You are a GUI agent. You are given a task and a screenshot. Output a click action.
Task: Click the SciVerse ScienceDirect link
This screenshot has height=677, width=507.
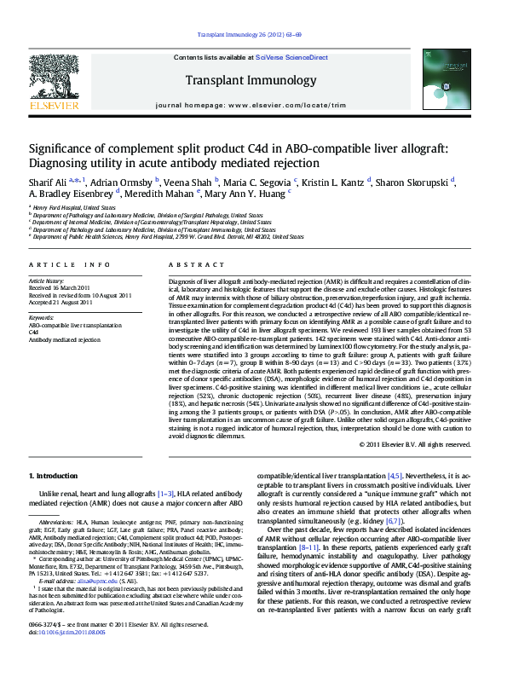[285, 57]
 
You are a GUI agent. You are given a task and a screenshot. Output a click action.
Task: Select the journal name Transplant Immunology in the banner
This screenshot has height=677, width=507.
[253, 81]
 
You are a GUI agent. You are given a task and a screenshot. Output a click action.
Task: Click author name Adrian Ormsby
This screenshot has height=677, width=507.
[122, 182]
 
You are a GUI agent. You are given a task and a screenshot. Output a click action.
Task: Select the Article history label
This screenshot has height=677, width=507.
[48, 281]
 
